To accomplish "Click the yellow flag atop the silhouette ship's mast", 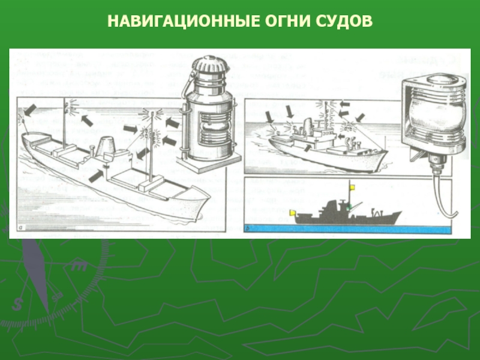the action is pyautogui.click(x=352, y=187).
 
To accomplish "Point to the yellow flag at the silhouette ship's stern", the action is pyautogui.click(x=293, y=212).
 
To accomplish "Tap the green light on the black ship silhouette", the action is pyautogui.click(x=349, y=207).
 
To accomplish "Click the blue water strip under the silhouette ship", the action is pyautogui.click(x=348, y=229).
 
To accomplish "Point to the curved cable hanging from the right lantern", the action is pyautogui.click(x=444, y=196).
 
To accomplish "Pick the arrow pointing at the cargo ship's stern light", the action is pyautogui.click(x=31, y=110).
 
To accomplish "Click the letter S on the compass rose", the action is pyautogui.click(x=17, y=304).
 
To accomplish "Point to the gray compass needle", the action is pyautogui.click(x=36, y=275).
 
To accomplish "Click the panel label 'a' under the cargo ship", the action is pyautogui.click(x=21, y=228).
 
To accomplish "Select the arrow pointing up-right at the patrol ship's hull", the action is pyautogui.click(x=308, y=147).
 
